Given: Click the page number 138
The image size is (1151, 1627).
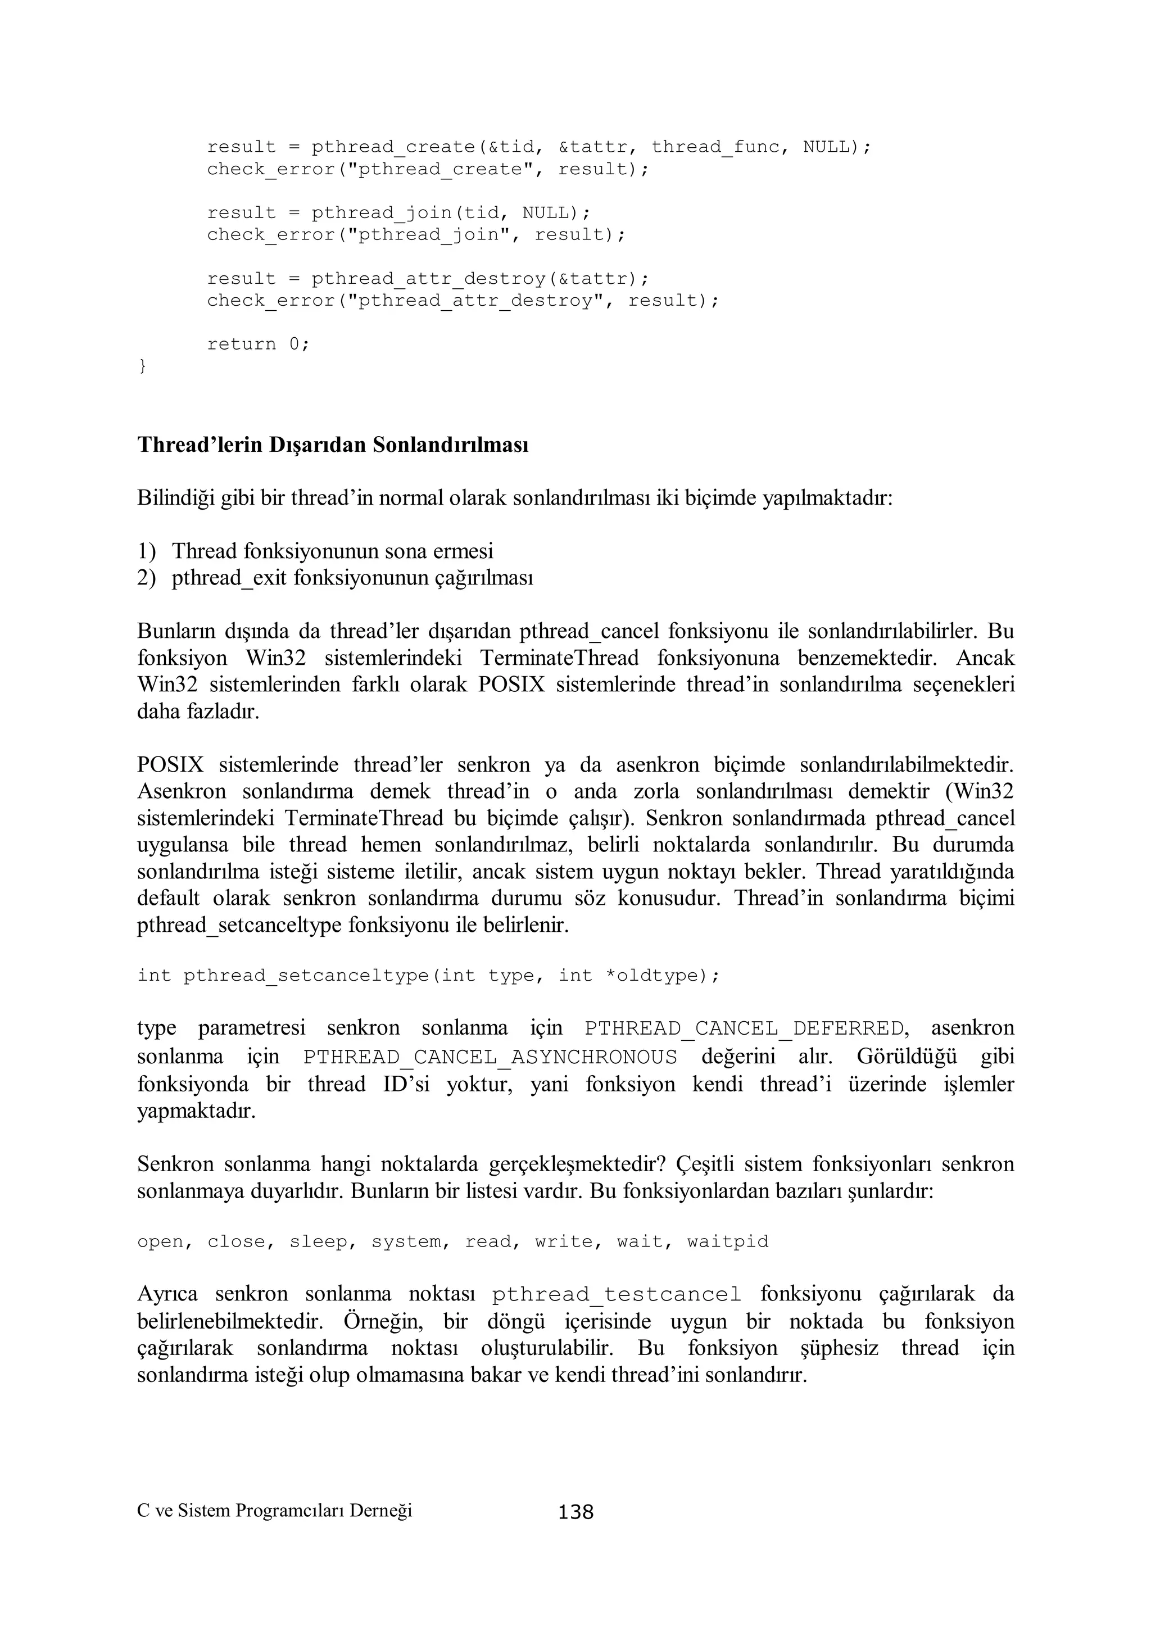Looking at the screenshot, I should [x=575, y=1513].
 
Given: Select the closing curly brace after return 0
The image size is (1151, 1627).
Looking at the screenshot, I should [x=142, y=366].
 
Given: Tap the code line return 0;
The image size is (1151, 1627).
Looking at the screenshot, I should [x=258, y=345].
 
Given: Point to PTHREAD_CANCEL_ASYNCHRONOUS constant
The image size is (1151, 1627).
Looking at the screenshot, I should [x=490, y=1057].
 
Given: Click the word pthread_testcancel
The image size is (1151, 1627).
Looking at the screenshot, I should [x=616, y=1295].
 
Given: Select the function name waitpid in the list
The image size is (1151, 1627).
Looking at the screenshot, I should [x=727, y=1241].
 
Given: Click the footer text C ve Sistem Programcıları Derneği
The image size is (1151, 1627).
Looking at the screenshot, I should [x=274, y=1511].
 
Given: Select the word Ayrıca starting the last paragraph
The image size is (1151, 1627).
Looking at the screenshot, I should [x=167, y=1295].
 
